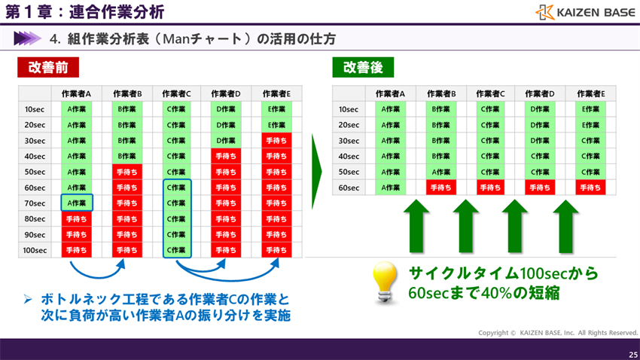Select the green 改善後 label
[x=363, y=67]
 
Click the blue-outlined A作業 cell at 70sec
[x=77, y=203]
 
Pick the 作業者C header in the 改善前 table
[x=176, y=93]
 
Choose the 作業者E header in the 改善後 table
[x=591, y=93]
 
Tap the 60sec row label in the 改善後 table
[x=349, y=188]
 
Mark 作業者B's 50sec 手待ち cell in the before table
[x=126, y=172]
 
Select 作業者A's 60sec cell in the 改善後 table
[x=390, y=188]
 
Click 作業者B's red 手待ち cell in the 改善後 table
[x=440, y=188]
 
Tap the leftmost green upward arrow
[x=416, y=226]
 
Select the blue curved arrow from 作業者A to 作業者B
[x=101, y=271]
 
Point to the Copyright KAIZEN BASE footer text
[x=558, y=333]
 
